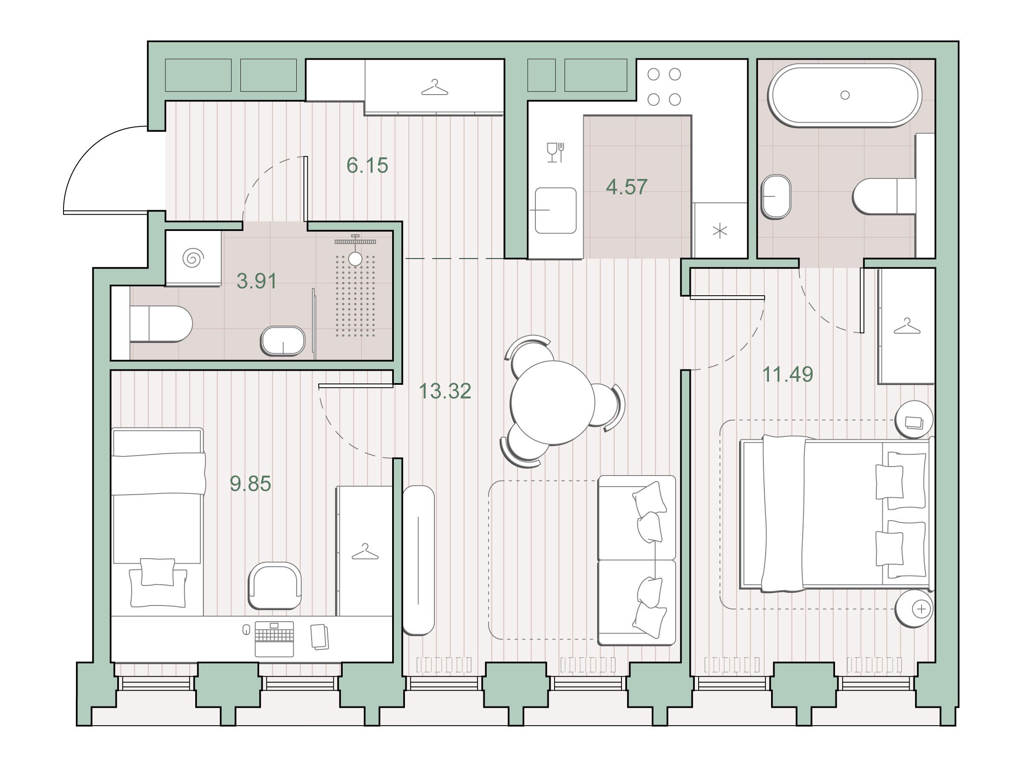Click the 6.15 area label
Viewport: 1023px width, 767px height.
[x=367, y=165]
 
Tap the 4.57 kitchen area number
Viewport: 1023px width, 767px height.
[x=627, y=187]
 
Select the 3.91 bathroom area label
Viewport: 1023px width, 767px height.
[x=257, y=281]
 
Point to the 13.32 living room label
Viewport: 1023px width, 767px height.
[x=445, y=391]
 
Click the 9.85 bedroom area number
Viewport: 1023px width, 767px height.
[x=250, y=484]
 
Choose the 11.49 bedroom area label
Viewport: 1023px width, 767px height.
[x=788, y=374]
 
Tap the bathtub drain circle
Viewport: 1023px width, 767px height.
[x=845, y=95]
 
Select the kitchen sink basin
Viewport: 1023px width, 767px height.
[x=555, y=210]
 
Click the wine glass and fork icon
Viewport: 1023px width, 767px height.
[x=555, y=152]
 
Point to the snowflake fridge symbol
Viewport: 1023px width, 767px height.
[x=720, y=231]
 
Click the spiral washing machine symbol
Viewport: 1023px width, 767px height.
[x=193, y=258]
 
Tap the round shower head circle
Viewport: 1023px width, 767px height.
[x=355, y=259]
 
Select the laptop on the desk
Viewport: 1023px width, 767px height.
[x=274, y=639]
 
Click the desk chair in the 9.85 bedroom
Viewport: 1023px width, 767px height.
[x=275, y=585]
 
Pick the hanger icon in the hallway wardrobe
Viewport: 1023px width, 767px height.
[x=435, y=88]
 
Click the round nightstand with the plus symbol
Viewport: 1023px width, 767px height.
[x=914, y=609]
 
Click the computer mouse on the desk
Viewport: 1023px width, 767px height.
[x=246, y=630]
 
